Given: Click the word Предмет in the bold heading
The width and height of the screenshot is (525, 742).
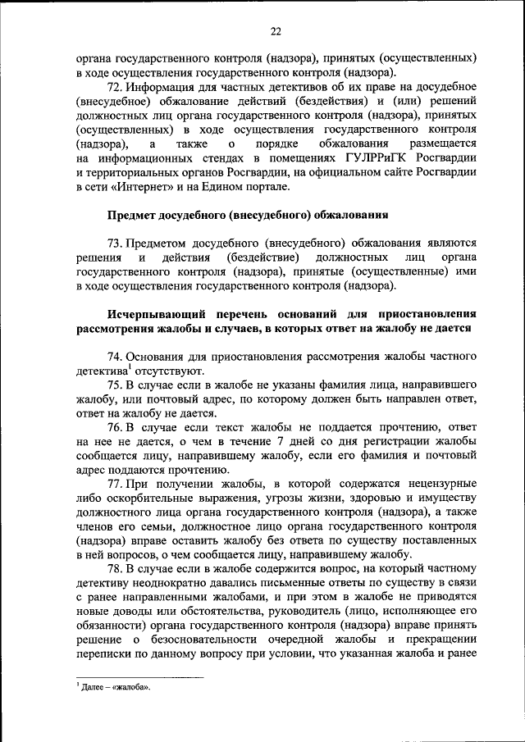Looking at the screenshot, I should (134, 215).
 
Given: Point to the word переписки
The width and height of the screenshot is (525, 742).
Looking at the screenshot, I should (103, 653).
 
